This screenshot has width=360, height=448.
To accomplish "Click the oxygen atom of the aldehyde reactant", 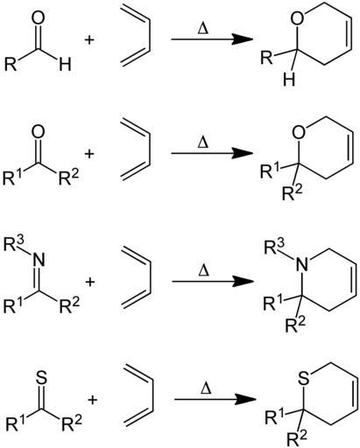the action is pos(38,18).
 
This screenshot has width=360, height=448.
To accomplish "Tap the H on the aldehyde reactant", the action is pos(65,65).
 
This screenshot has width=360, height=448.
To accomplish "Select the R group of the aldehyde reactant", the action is pos(11,65).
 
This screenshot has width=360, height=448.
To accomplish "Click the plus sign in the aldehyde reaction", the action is pos(89,39).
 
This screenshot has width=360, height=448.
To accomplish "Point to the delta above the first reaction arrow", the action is pos(203,29).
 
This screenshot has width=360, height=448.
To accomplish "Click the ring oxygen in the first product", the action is pos(297,18).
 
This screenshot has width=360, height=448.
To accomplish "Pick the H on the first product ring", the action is pos(289,80).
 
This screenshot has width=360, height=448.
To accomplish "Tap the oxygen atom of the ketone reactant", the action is pos(38,132).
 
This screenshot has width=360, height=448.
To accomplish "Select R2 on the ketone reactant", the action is pos(69,177).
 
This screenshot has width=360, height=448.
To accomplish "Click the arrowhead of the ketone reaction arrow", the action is pos(242,153).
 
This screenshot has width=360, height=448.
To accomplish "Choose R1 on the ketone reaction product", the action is pos(270,171).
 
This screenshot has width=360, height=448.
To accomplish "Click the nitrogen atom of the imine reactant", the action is pos(39,260).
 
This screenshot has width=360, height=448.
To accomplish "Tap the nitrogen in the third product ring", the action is pos(301,265).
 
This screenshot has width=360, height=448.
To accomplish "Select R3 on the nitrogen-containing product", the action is pos(274,248).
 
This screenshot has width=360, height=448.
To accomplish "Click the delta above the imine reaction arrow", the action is pos(204,270).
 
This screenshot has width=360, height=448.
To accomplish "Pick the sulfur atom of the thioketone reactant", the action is pos(41,377).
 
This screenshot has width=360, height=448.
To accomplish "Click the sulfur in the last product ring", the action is pos(304,378).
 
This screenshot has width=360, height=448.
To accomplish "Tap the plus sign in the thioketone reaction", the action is pos(92,400).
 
